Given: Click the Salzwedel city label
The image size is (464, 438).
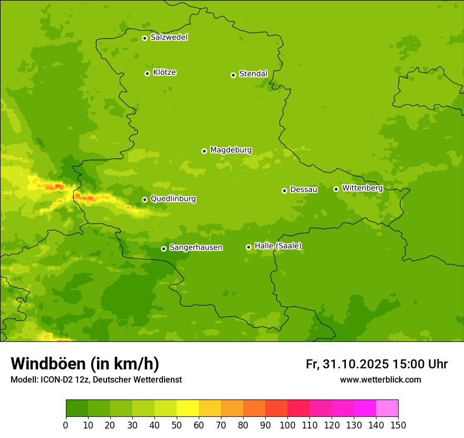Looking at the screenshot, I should pyautogui.click(x=169, y=37).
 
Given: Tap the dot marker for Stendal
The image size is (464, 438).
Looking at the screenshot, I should pyautogui.click(x=233, y=75).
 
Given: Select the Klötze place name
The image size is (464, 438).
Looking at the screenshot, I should pyautogui.click(x=165, y=73).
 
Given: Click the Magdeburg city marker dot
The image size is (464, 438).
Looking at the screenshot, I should pyautogui.click(x=205, y=151).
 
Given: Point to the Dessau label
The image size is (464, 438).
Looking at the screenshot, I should pyautogui.click(x=304, y=189).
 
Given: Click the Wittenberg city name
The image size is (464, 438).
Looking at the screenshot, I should pyautogui.click(x=362, y=188).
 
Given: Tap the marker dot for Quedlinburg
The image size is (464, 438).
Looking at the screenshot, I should pyautogui.click(x=144, y=199).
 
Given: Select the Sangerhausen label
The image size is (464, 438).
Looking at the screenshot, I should pyautogui.click(x=196, y=247).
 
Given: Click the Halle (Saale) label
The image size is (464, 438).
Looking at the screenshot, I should pyautogui.click(x=278, y=246).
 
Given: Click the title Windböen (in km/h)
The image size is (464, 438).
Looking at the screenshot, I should pyautogui.click(x=85, y=364).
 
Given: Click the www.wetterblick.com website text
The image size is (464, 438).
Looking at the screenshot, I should pyautogui.click(x=380, y=379).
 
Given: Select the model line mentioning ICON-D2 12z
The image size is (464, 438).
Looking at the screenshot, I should pyautogui.click(x=96, y=379).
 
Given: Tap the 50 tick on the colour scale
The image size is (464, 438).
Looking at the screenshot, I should pyautogui.click(x=177, y=425).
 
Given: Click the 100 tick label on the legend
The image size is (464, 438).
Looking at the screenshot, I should pyautogui.click(x=287, y=425).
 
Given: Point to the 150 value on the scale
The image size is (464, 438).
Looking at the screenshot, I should pyautogui.click(x=398, y=425).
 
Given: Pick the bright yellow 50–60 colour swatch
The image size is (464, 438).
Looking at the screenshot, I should pyautogui.click(x=188, y=408).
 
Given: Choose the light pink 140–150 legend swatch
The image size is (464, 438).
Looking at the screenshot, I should pyautogui.click(x=387, y=408).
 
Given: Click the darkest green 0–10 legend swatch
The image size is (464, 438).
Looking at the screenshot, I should pyautogui.click(x=77, y=408).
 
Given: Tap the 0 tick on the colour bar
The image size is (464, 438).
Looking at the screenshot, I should pyautogui.click(x=66, y=425).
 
